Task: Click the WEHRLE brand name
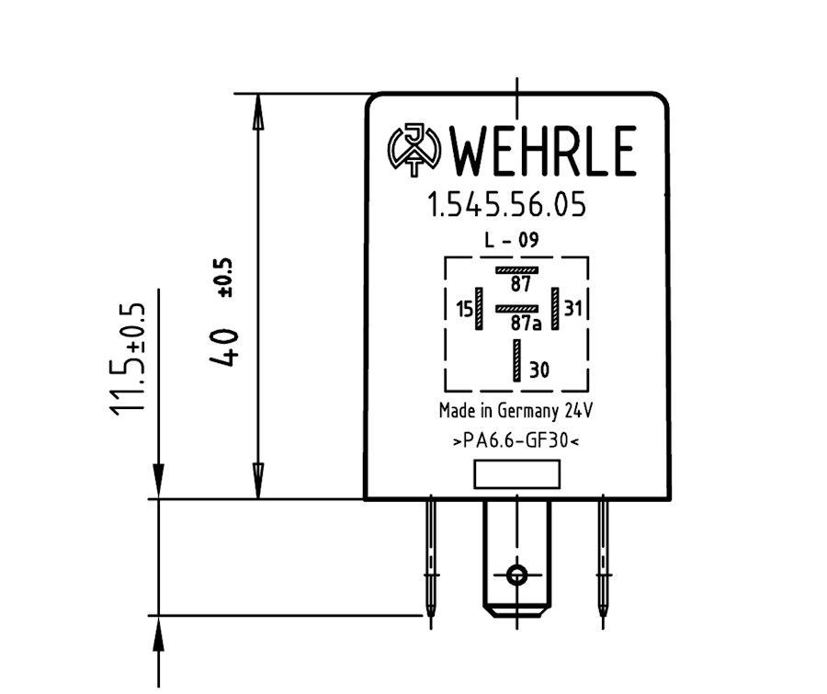tap(543, 151)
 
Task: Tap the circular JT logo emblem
tap(414, 150)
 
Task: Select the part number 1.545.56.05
tap(506, 205)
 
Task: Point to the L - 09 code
tap(512, 240)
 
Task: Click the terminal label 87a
tap(526, 323)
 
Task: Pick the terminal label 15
tap(465, 309)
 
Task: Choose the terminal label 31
tap(572, 308)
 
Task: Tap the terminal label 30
tap(539, 370)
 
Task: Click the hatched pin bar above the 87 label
tap(516, 270)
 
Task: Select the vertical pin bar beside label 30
tap(516, 360)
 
